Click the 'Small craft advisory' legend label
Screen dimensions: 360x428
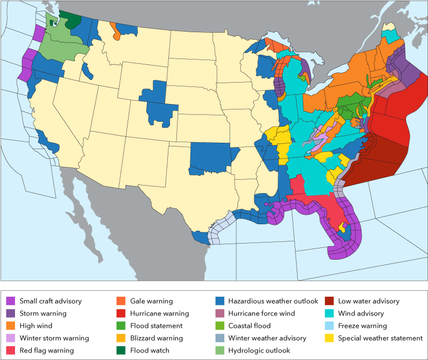(50, 301)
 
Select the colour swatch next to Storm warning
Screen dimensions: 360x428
(11, 313)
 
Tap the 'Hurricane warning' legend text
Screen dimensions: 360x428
(159, 313)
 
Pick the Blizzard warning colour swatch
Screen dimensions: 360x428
(121, 338)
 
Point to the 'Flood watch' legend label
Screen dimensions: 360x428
(150, 350)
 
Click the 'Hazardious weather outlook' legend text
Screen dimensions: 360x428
(273, 301)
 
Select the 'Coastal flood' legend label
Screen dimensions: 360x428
(249, 326)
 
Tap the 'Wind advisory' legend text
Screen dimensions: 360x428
(361, 313)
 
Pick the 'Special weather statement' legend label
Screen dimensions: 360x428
(380, 338)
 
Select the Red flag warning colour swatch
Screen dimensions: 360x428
(11, 350)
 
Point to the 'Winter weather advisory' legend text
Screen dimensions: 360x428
(267, 338)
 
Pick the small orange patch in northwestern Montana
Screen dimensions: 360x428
(116, 33)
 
